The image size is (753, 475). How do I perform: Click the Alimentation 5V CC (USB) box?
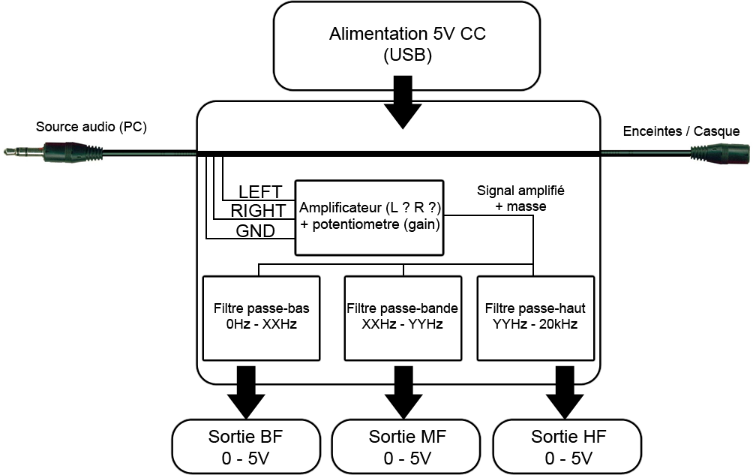point(406,46)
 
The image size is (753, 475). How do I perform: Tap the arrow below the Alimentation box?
point(403,102)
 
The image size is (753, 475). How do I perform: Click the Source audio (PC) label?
point(91,127)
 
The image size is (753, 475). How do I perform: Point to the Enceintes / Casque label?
point(681,131)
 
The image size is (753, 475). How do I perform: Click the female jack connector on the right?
point(720,154)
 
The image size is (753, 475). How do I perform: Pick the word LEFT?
point(259,192)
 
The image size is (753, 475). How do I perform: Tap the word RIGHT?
point(258,211)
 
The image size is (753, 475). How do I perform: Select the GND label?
point(256,231)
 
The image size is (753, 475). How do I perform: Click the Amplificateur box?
point(369,218)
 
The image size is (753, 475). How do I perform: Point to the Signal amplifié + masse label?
point(520,198)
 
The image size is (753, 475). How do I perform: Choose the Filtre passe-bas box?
point(261,318)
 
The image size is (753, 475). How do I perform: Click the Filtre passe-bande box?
point(403,318)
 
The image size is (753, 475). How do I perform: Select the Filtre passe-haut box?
point(535,318)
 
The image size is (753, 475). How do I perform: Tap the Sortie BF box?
point(246,446)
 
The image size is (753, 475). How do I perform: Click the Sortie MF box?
point(406,446)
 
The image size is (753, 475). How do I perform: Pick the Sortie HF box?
point(568,446)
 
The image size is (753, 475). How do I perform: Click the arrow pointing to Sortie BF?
point(246,392)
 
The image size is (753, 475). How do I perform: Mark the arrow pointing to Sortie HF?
point(565,392)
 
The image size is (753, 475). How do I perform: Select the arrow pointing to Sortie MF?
point(403,392)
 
